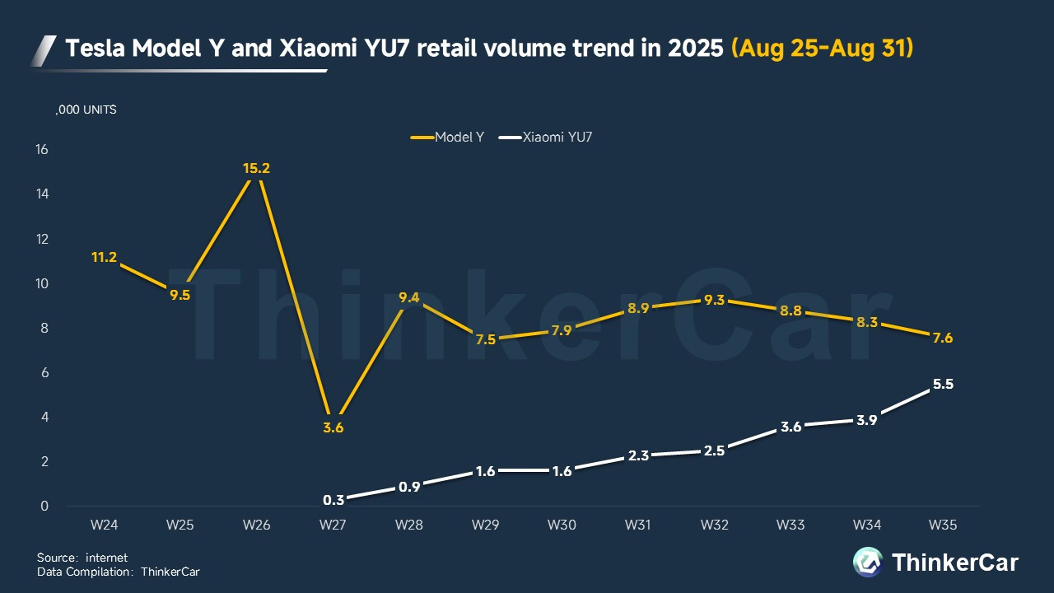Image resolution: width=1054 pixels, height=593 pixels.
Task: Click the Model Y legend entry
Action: [448, 137]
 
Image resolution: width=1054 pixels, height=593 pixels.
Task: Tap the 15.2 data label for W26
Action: [256, 168]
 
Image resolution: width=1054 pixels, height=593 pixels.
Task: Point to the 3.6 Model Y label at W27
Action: [333, 427]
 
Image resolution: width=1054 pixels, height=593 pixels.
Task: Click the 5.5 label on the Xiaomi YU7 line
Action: [942, 384]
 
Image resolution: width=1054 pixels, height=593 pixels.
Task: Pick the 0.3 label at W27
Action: [333, 499]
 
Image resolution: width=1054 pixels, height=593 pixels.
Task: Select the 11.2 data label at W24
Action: [104, 257]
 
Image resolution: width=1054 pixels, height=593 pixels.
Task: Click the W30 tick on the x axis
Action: [562, 525]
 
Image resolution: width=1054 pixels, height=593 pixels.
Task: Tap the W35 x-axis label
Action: [942, 525]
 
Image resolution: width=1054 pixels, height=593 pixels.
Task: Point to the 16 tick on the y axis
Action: [41, 150]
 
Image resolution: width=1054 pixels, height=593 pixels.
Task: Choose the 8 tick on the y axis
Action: [44, 328]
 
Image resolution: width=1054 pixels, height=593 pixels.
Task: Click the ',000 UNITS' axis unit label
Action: [86, 110]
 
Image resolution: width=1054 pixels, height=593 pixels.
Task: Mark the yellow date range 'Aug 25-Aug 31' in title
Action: [823, 49]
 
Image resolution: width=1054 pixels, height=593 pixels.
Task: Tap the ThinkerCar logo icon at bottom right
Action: [868, 562]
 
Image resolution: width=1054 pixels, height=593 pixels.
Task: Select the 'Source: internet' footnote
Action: [82, 558]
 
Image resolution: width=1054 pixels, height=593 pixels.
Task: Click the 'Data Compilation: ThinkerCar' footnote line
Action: [118, 571]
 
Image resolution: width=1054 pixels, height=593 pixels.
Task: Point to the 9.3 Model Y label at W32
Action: [714, 301]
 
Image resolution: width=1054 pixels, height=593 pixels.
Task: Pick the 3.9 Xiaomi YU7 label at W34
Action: [866, 419]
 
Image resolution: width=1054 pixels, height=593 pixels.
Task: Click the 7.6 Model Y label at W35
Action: [942, 338]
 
